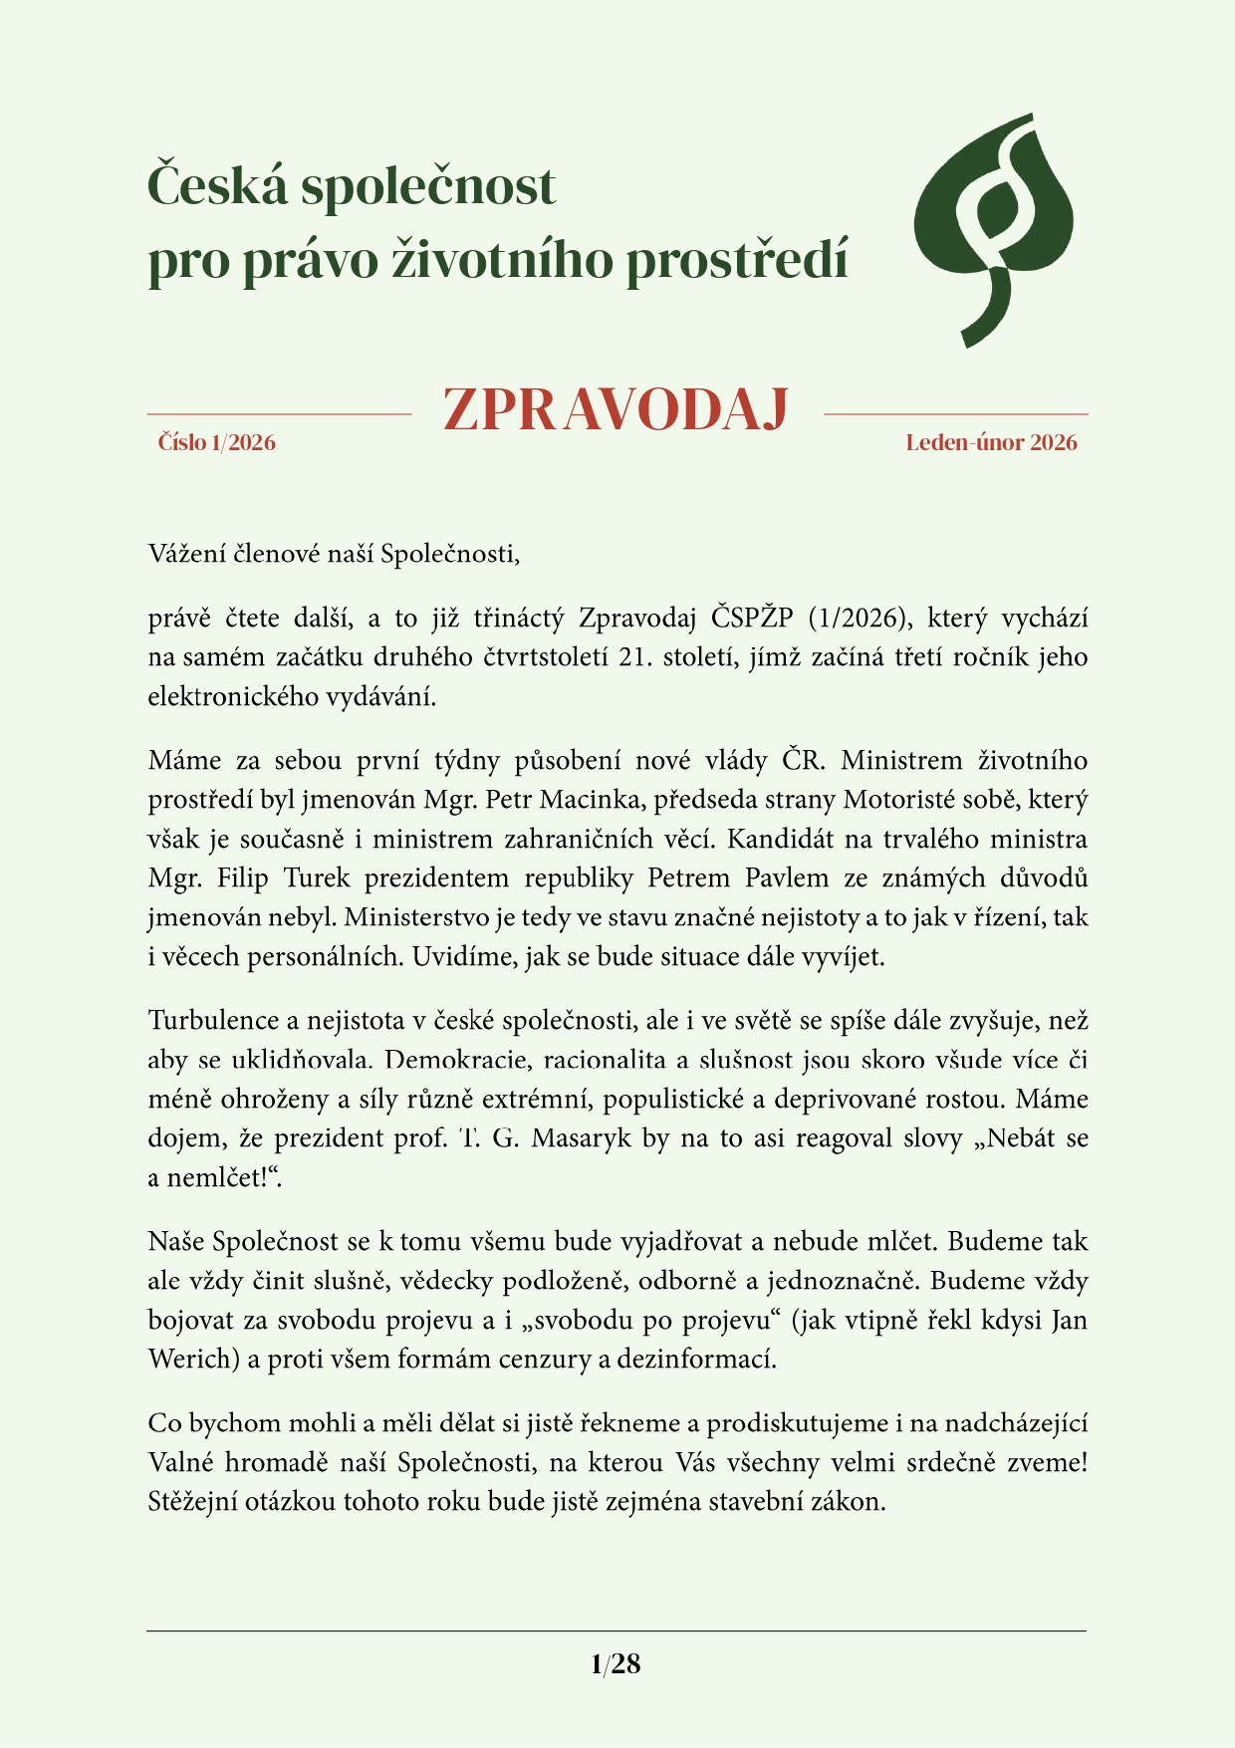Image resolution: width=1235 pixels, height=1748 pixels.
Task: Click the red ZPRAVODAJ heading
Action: point(617,409)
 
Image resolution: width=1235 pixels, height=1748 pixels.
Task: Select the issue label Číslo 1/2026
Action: point(216,442)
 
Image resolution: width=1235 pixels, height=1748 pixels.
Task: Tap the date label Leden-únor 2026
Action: point(991,442)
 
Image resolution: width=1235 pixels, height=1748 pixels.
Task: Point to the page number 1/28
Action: point(616,1664)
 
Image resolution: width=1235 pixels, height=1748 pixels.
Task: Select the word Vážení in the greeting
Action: point(187,554)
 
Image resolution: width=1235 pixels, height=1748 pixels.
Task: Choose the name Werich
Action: point(189,1360)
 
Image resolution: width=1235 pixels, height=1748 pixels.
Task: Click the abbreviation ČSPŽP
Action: point(752,619)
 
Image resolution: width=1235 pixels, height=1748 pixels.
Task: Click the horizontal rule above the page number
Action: point(617,1631)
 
